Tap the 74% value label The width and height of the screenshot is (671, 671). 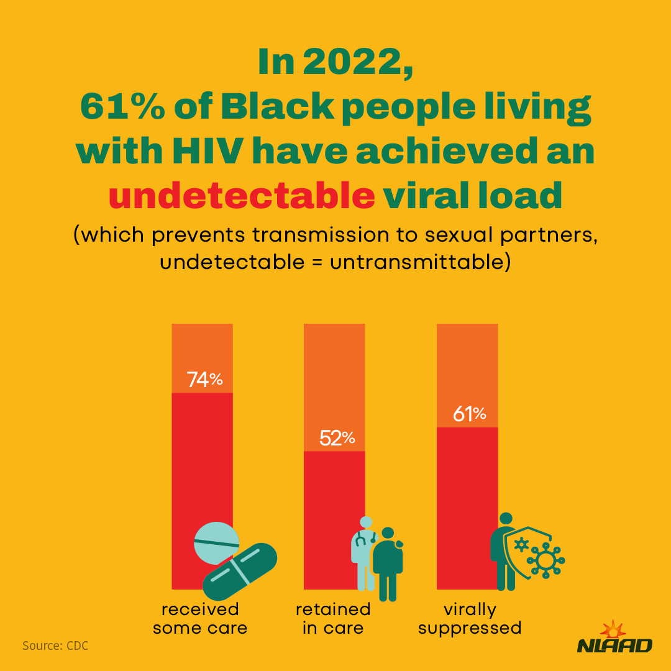(x=204, y=380)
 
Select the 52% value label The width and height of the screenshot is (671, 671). (x=337, y=438)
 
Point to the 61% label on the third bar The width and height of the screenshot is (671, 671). (x=469, y=414)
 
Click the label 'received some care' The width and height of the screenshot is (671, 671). (x=200, y=618)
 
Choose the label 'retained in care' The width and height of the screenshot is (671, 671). (x=333, y=618)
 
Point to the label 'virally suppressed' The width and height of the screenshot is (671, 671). (x=470, y=618)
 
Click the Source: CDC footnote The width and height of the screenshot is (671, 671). (x=55, y=646)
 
